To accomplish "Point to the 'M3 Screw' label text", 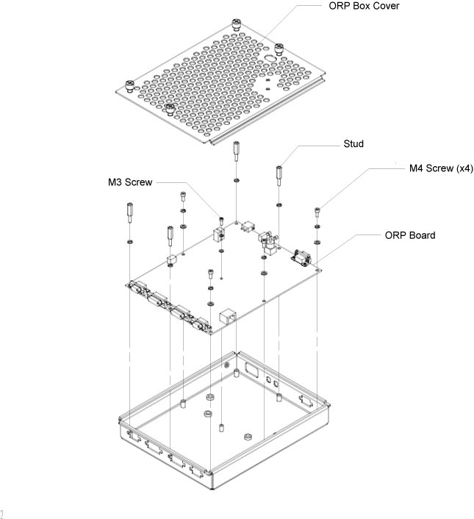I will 129,181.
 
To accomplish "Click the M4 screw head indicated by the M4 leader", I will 317,211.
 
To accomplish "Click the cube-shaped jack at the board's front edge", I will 228,317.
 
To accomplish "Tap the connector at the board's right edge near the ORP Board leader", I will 302,257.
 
